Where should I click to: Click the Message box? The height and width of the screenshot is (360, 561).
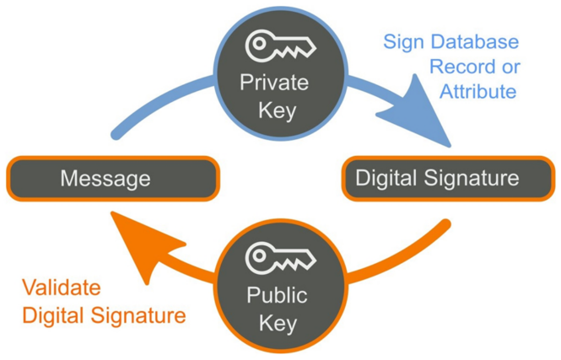point(112,179)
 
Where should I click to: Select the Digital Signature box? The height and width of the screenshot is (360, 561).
point(447,178)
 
